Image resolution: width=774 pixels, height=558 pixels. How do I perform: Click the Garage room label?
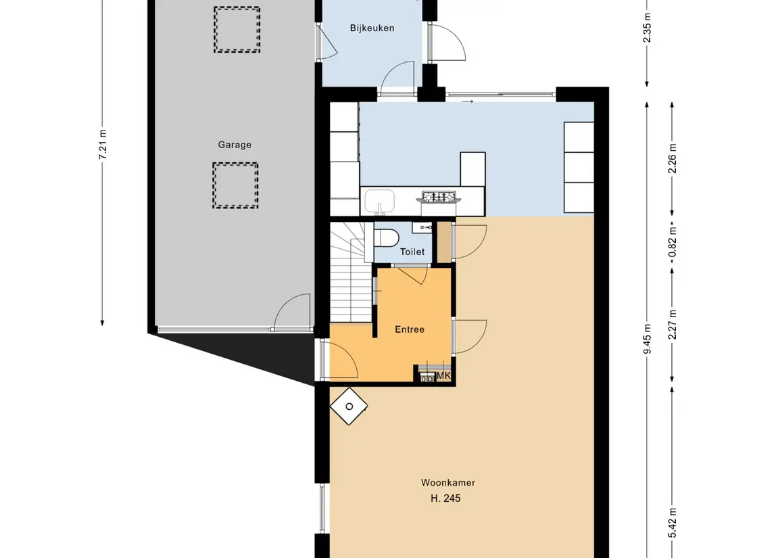235,145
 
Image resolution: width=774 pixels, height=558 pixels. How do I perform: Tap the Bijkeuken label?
372,28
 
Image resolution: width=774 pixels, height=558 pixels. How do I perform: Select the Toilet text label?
412,252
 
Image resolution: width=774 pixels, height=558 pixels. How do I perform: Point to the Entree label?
410,329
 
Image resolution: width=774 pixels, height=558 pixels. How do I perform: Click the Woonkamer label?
448,482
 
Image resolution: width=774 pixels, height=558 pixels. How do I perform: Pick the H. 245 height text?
445,498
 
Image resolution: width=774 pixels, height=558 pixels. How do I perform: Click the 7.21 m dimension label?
103,145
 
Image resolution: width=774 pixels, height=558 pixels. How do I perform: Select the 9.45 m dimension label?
648,339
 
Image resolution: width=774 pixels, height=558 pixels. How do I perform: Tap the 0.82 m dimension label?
673,242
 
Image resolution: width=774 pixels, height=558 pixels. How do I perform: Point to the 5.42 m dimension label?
673,523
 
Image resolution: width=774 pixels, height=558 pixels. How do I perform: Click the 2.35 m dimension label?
648,28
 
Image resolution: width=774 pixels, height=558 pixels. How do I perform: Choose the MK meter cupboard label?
443,376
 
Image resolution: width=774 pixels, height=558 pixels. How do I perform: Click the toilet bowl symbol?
387,237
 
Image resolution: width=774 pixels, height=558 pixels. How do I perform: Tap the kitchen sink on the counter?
380,202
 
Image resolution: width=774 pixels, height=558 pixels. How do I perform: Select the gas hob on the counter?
438,197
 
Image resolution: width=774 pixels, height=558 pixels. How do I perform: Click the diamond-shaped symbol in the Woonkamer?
349,406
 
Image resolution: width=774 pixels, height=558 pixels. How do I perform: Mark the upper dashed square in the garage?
237,30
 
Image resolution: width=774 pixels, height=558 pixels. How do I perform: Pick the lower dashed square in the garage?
235,185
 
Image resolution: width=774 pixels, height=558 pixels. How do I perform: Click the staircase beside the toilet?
351,272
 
